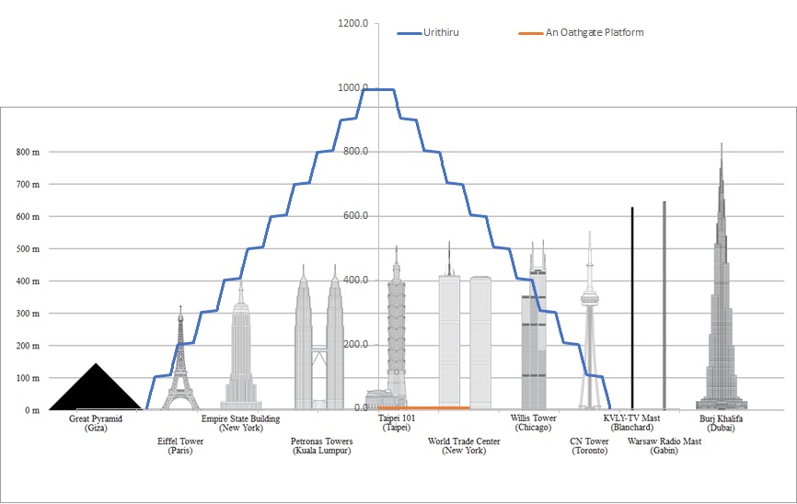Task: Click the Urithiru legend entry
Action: coord(428,32)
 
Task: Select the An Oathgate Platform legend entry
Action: coord(581,32)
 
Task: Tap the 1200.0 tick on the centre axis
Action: coord(352,23)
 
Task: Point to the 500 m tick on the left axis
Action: coord(28,249)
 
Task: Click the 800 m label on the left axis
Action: coord(28,152)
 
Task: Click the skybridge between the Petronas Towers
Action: coord(319,350)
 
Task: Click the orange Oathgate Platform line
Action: coord(424,407)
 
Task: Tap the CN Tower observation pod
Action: coord(590,298)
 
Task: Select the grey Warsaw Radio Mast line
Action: coord(664,305)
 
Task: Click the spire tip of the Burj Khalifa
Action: coord(722,143)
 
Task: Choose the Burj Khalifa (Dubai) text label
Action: coord(721,423)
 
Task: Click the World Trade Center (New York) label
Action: coord(464,445)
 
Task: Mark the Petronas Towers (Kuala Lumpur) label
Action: coord(322,445)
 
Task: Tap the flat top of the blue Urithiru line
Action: coord(378,89)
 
